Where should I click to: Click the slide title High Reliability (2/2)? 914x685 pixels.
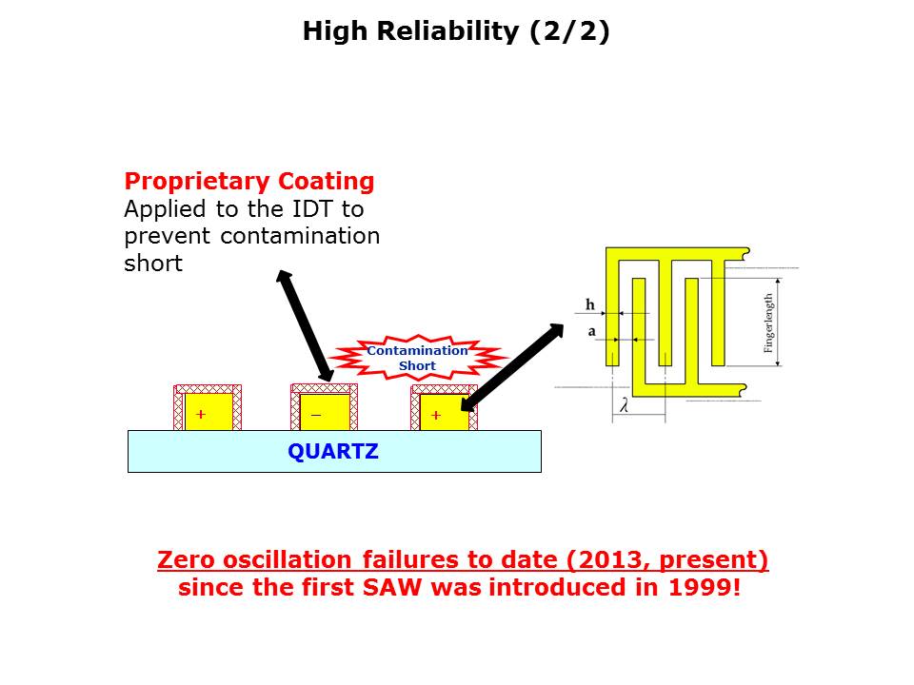456,31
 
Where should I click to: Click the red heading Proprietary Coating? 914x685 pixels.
249,182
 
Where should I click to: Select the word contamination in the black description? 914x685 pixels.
300,236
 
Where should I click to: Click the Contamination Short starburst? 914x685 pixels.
417,358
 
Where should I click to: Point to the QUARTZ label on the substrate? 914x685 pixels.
333,451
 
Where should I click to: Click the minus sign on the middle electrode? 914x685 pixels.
316,416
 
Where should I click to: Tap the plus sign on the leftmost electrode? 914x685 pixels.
201,414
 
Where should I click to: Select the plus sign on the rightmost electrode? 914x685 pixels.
436,416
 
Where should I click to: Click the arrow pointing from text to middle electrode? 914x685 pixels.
305,325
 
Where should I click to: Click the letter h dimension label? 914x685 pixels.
590,304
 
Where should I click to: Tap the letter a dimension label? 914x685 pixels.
591,331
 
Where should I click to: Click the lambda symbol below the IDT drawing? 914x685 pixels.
625,405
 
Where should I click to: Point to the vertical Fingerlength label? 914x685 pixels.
768,323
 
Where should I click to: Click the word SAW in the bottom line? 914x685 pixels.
391,587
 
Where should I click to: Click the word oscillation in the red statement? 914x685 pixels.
288,559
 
